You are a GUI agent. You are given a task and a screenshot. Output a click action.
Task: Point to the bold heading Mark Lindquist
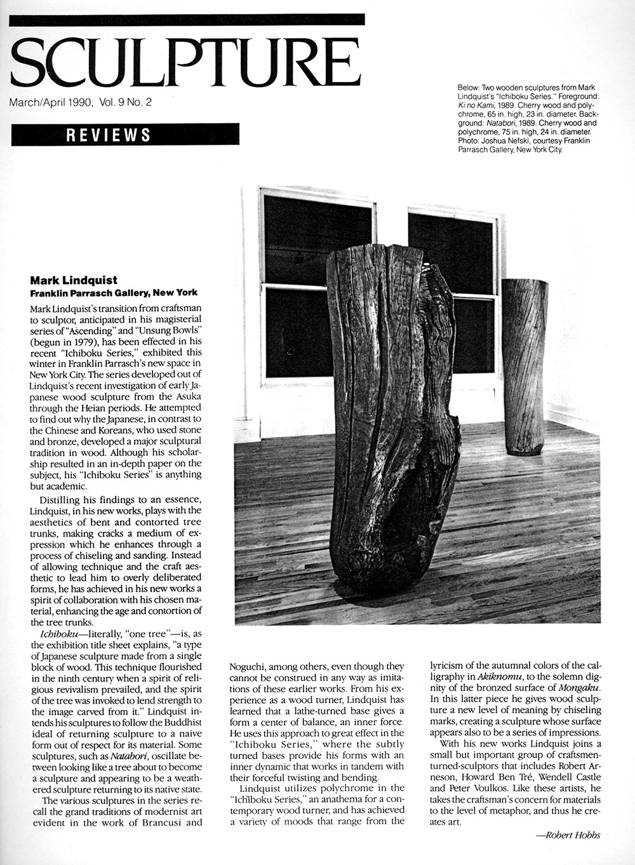pos(74,280)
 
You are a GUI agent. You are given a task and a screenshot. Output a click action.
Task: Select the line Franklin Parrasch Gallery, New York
pos(114,293)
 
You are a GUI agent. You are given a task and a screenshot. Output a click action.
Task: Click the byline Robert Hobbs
pos(568,835)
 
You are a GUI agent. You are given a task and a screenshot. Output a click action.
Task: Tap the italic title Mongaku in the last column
pos(580,688)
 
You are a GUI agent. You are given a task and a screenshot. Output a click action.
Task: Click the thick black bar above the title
pos(187,19)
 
